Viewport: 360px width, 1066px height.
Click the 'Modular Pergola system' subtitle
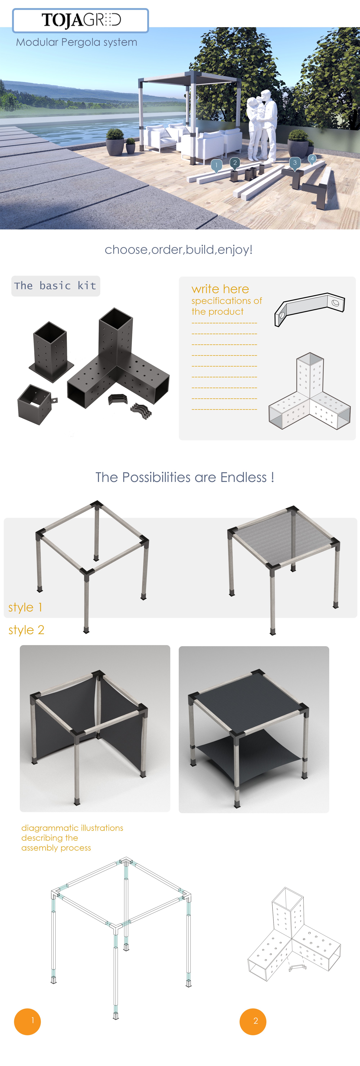76,42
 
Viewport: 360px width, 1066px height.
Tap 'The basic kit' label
55,286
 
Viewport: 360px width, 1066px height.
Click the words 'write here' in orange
220,289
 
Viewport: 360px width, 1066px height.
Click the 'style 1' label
25,607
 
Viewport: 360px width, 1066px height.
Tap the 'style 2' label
26,630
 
